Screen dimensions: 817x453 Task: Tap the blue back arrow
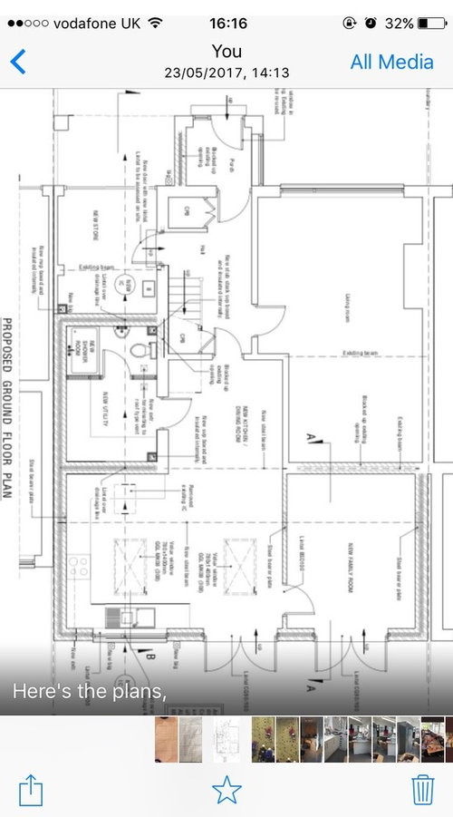(18, 62)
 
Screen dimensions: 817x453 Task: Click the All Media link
(392, 62)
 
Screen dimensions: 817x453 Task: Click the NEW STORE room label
(92, 224)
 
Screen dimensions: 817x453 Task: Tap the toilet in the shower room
(137, 349)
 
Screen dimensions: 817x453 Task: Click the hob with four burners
(81, 567)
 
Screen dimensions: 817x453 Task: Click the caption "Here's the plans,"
(89, 691)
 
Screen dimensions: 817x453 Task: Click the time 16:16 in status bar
(226, 23)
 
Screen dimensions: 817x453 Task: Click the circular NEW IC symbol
(130, 286)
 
